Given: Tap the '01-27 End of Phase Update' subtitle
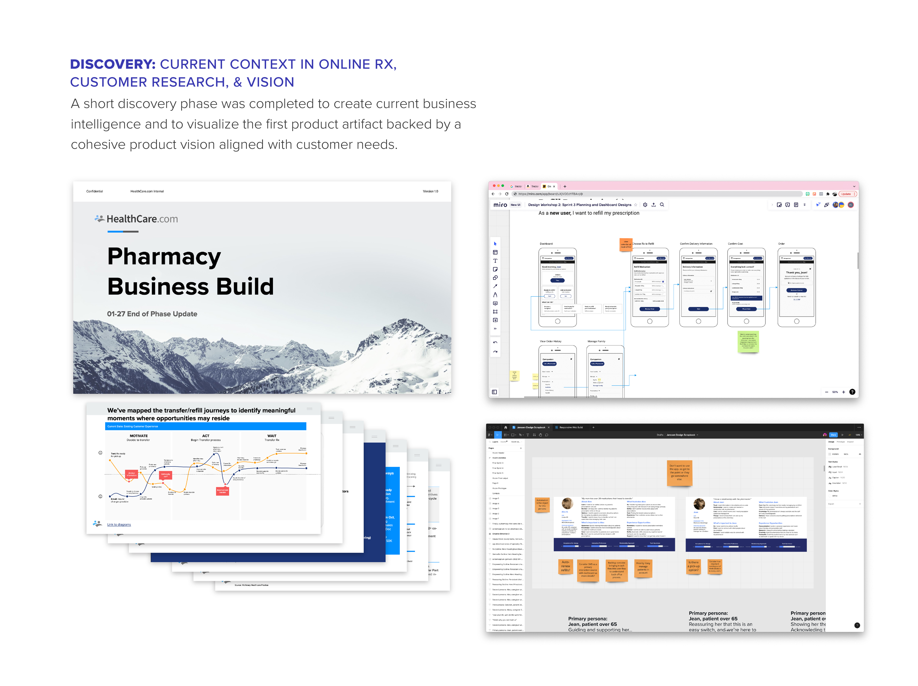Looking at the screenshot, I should point(152,314).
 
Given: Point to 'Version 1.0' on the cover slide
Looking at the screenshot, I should point(430,191).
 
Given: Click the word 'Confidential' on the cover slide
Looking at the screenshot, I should point(94,191).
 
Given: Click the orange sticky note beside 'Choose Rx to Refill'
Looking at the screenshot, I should point(626,245).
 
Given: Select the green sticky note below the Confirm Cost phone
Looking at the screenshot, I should point(748,342).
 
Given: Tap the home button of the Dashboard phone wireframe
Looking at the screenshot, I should point(557,321).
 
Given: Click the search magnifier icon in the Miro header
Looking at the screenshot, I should point(662,205).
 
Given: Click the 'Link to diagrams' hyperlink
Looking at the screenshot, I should point(119,525).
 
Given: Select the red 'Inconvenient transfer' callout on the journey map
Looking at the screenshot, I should point(222,491).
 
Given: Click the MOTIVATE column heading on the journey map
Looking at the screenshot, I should point(139,436).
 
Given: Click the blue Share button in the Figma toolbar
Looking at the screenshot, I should point(833,435).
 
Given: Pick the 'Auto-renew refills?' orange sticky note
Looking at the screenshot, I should point(565,566).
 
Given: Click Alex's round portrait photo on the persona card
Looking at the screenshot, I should point(567,503).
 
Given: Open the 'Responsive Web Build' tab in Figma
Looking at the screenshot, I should point(571,427).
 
